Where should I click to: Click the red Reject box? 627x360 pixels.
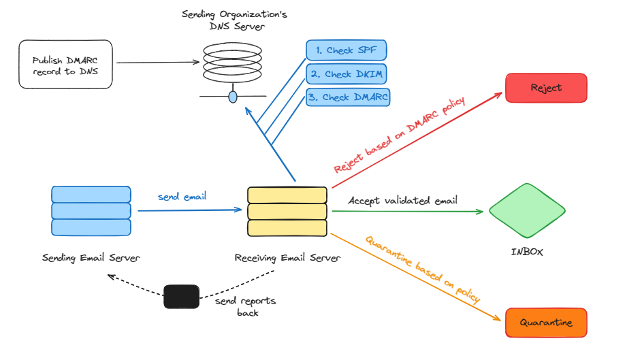[x=545, y=88]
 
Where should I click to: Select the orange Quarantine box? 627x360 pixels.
[x=545, y=322]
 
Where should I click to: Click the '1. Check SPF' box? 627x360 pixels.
[x=346, y=50]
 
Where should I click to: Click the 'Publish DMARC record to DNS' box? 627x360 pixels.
[x=65, y=63]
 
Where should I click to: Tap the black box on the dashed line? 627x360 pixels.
[x=181, y=297]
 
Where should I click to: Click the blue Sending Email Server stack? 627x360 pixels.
[x=91, y=211]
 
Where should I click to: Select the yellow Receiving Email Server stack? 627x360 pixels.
[x=287, y=211]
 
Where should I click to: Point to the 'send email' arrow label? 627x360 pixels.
[x=182, y=197]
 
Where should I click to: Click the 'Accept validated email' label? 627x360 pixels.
[x=402, y=200]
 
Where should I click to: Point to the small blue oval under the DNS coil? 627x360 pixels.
[x=233, y=97]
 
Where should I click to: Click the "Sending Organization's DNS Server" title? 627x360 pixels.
[x=232, y=20]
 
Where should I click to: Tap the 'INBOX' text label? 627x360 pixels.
[x=527, y=252]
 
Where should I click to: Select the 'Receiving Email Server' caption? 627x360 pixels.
[x=287, y=258]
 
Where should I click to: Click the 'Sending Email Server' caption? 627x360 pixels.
[x=91, y=258]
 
